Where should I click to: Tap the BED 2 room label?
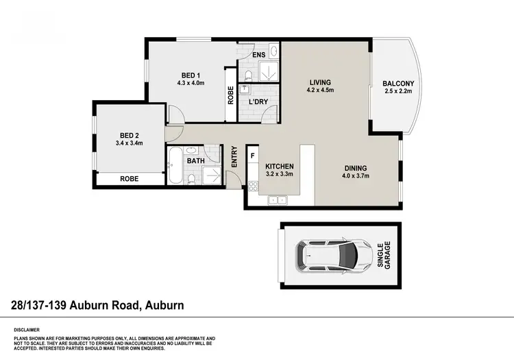tap(130, 135)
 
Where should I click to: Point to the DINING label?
tap(356, 168)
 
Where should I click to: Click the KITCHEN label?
tap(280, 167)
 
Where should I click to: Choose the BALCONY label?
tap(398, 84)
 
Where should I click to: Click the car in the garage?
tap(327, 256)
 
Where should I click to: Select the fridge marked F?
tap(253, 156)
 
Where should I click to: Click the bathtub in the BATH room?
tap(175, 167)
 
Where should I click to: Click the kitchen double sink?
tap(277, 200)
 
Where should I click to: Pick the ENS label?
tap(259, 54)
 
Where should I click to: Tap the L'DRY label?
tap(258, 102)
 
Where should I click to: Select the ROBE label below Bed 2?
tap(129, 178)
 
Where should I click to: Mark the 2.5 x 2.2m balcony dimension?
tap(398, 92)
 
